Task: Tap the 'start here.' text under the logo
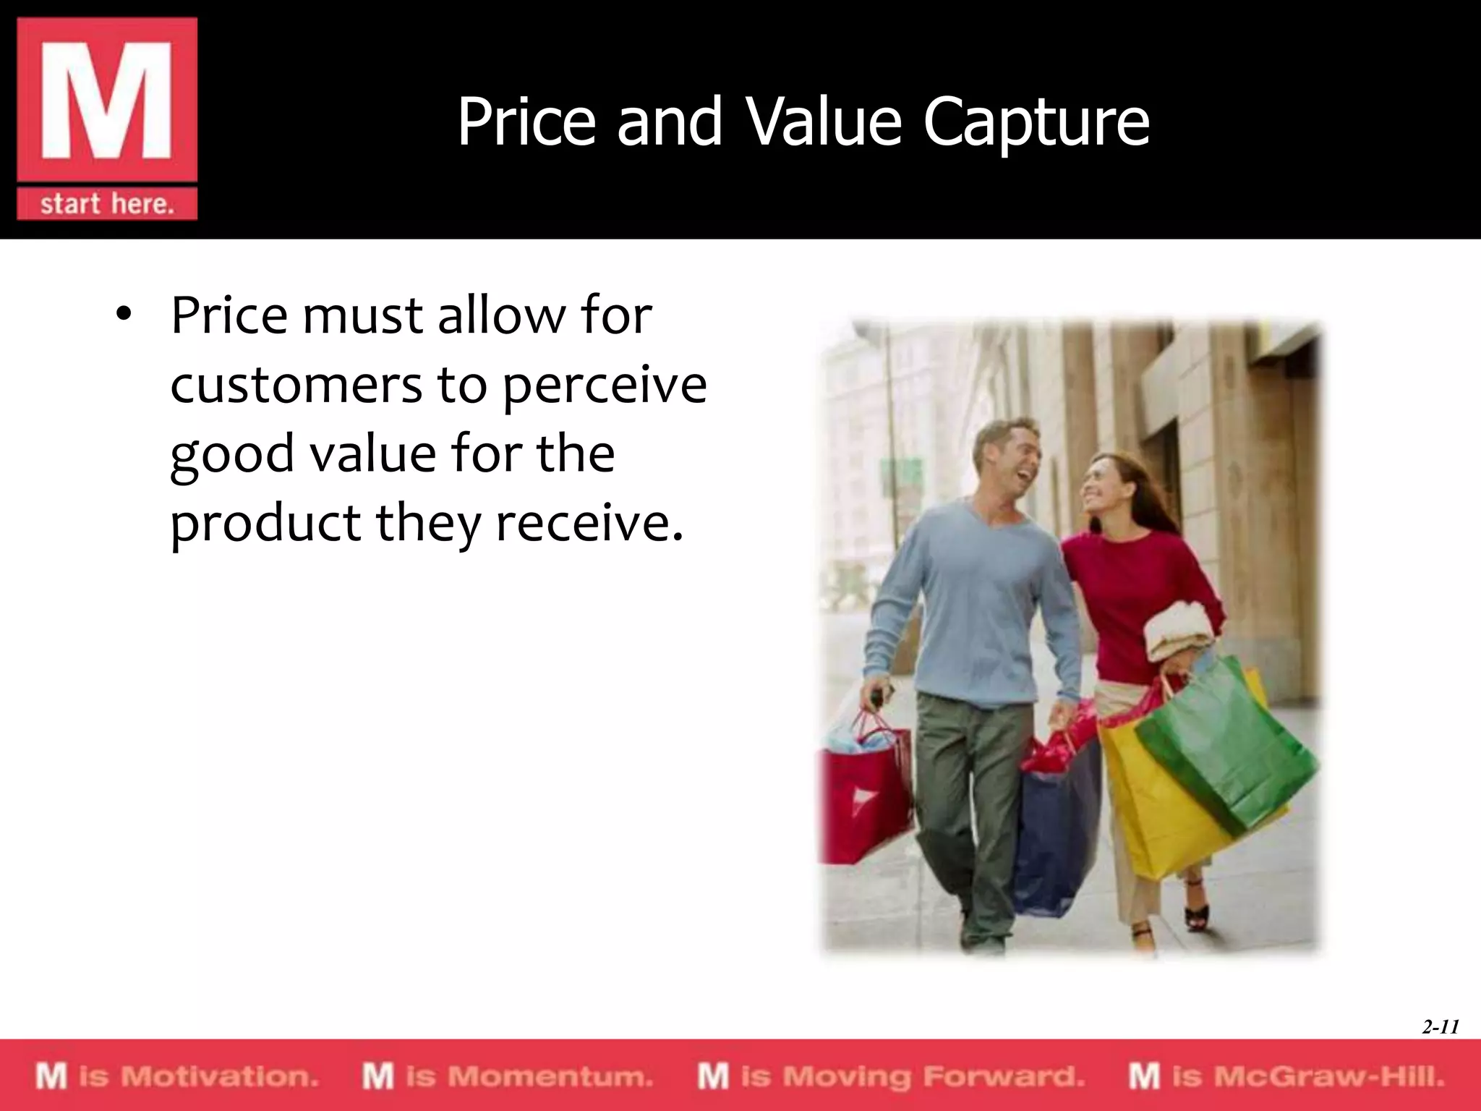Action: click(x=107, y=204)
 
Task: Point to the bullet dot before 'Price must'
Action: click(x=124, y=316)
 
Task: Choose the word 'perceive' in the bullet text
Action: click(x=605, y=386)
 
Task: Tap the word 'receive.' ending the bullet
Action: click(x=589, y=522)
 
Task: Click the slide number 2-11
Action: click(x=1440, y=1026)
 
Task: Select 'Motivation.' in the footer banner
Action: click(x=219, y=1076)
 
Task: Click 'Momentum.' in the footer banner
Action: click(x=550, y=1076)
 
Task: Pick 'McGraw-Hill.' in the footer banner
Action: click(x=1328, y=1076)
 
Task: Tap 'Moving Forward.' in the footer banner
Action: click(x=933, y=1076)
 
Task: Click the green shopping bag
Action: click(x=1229, y=745)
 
